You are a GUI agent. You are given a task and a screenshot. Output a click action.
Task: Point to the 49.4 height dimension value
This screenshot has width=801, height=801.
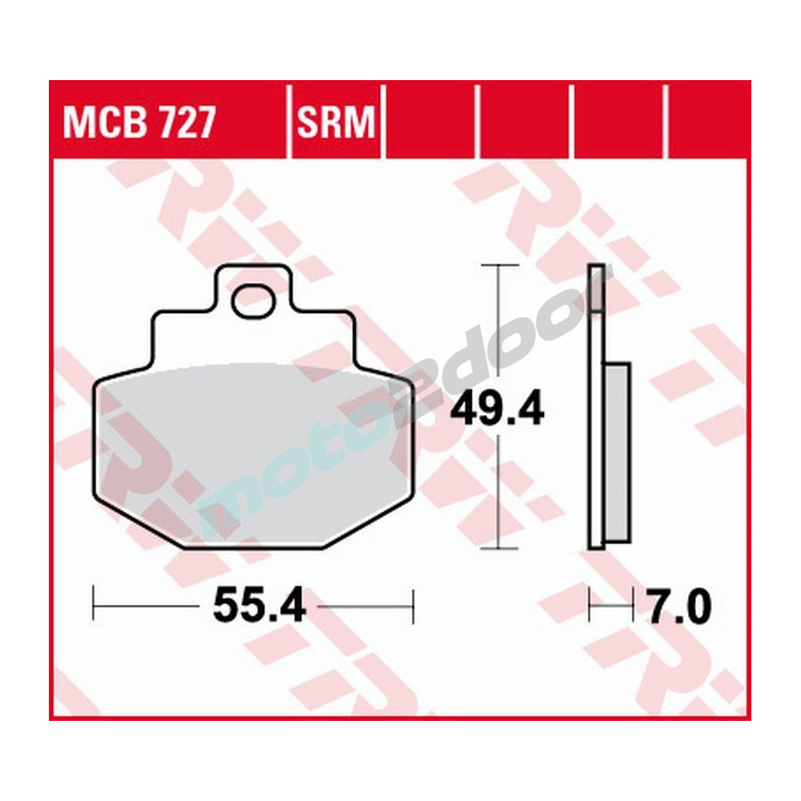[497, 410]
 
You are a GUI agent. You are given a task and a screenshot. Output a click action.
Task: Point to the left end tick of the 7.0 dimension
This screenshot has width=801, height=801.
[590, 606]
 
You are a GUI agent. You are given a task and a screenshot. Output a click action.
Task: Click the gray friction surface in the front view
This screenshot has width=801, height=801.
[240, 449]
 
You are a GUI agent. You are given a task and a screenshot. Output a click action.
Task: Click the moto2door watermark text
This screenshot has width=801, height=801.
[400, 400]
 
